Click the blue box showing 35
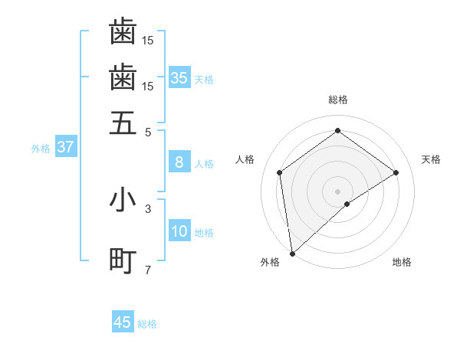tap(179, 77)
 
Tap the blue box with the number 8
tap(179, 162)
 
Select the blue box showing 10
tap(179, 232)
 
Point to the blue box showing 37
tap(65, 147)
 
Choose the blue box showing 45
tap(123, 322)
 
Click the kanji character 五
tap(123, 123)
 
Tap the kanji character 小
tap(123, 200)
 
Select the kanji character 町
tap(123, 261)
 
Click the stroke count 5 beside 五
tap(148, 131)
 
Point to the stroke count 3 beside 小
tap(148, 208)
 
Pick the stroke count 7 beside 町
tap(148, 270)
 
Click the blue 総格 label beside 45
tap(147, 324)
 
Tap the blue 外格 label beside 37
tap(41, 149)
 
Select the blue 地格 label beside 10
tap(204, 233)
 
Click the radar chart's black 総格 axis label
tap(338, 100)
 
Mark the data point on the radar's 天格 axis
tap(396, 172)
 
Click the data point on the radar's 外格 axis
tap(292, 253)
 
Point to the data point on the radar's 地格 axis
tap(347, 204)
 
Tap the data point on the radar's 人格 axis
tap(280, 172)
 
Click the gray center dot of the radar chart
tap(338, 191)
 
